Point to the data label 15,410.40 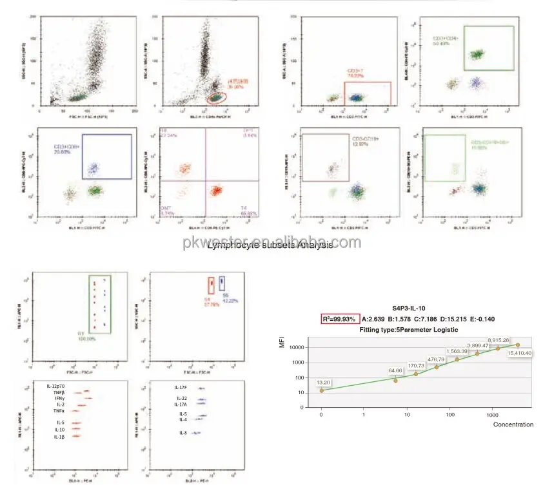tap(518, 353)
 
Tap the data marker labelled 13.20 tap(322, 390)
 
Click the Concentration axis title tap(513, 424)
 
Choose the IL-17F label tap(181, 387)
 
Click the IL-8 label tap(183, 433)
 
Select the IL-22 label tap(181, 399)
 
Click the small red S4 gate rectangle tap(210, 285)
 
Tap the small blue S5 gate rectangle tap(222, 283)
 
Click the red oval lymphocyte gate tap(217, 97)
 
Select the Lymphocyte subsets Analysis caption tap(271, 245)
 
